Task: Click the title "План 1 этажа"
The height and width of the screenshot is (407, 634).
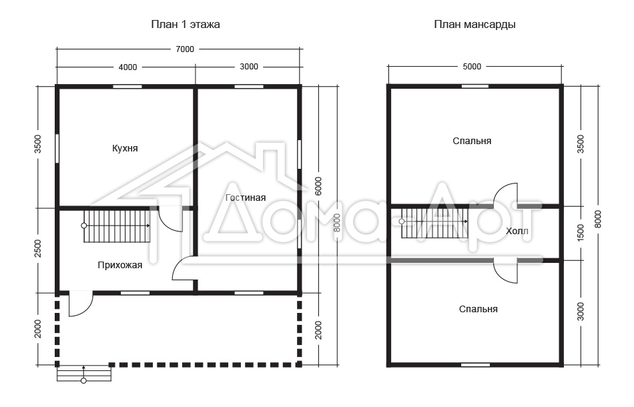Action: (x=185, y=25)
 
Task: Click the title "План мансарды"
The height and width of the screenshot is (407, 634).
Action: (x=474, y=25)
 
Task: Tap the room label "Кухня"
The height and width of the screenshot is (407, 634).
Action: (x=125, y=148)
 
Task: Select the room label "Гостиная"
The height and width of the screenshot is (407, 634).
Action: (x=246, y=197)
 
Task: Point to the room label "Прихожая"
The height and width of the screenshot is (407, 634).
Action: (x=120, y=265)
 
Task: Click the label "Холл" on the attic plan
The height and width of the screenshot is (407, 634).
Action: (x=517, y=231)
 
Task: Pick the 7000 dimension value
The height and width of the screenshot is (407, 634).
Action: (x=185, y=49)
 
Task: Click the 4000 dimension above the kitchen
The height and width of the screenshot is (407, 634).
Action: (x=127, y=67)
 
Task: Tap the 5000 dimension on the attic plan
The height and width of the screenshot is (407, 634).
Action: (x=472, y=67)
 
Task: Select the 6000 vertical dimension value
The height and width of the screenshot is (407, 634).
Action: (x=318, y=186)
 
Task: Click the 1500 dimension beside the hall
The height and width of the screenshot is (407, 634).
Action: (x=581, y=234)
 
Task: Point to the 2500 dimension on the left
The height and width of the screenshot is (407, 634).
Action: (x=37, y=249)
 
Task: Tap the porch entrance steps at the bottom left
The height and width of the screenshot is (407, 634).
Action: (x=83, y=374)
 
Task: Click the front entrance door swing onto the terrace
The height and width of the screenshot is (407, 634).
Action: (x=81, y=304)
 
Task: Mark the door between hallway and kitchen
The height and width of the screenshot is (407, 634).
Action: (x=170, y=219)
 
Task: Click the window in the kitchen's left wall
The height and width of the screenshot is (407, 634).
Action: (x=57, y=149)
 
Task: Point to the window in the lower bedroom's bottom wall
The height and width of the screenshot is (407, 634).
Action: (x=475, y=365)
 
